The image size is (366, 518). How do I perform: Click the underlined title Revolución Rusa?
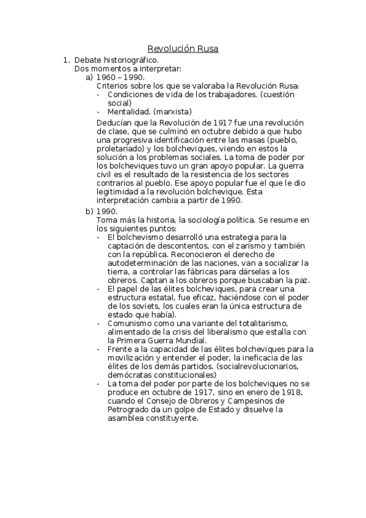[183, 48]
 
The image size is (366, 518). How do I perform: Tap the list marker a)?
[89, 78]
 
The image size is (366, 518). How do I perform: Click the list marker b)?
[89, 211]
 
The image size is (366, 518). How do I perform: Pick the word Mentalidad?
[127, 112]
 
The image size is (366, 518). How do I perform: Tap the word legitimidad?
[120, 192]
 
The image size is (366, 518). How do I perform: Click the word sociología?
[237, 219]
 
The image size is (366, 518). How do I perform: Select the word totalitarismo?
[268, 323]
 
